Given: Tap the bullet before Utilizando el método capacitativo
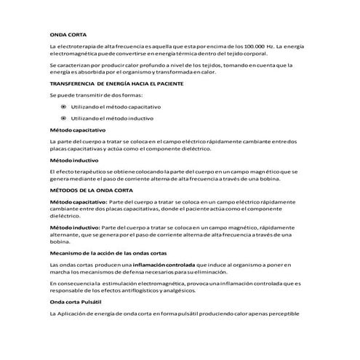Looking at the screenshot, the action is [x=64, y=106].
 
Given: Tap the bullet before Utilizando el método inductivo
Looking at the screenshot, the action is [x=64, y=117].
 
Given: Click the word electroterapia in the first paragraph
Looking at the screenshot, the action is [x=77, y=47].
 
